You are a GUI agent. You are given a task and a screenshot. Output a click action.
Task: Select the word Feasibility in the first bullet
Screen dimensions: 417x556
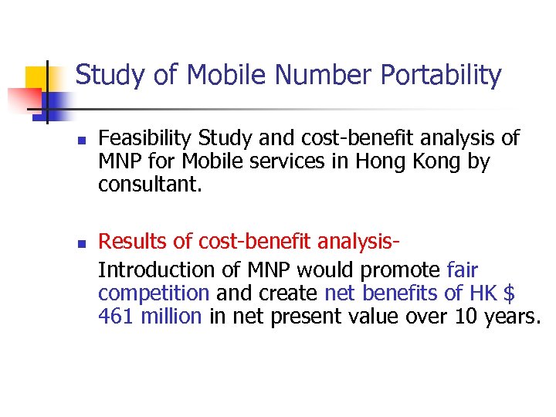tap(146, 138)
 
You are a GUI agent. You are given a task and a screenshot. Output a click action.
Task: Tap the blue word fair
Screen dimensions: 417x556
tap(463, 270)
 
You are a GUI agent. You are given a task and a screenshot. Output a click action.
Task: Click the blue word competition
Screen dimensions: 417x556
tap(154, 293)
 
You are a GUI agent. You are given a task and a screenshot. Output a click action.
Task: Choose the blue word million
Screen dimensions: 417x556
tap(171, 317)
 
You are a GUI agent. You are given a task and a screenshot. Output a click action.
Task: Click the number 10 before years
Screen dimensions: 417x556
tap(461, 317)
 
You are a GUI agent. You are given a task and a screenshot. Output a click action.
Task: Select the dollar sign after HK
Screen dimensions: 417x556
tap(509, 293)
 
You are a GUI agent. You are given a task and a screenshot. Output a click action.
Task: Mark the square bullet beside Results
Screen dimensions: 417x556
tap(80, 245)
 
